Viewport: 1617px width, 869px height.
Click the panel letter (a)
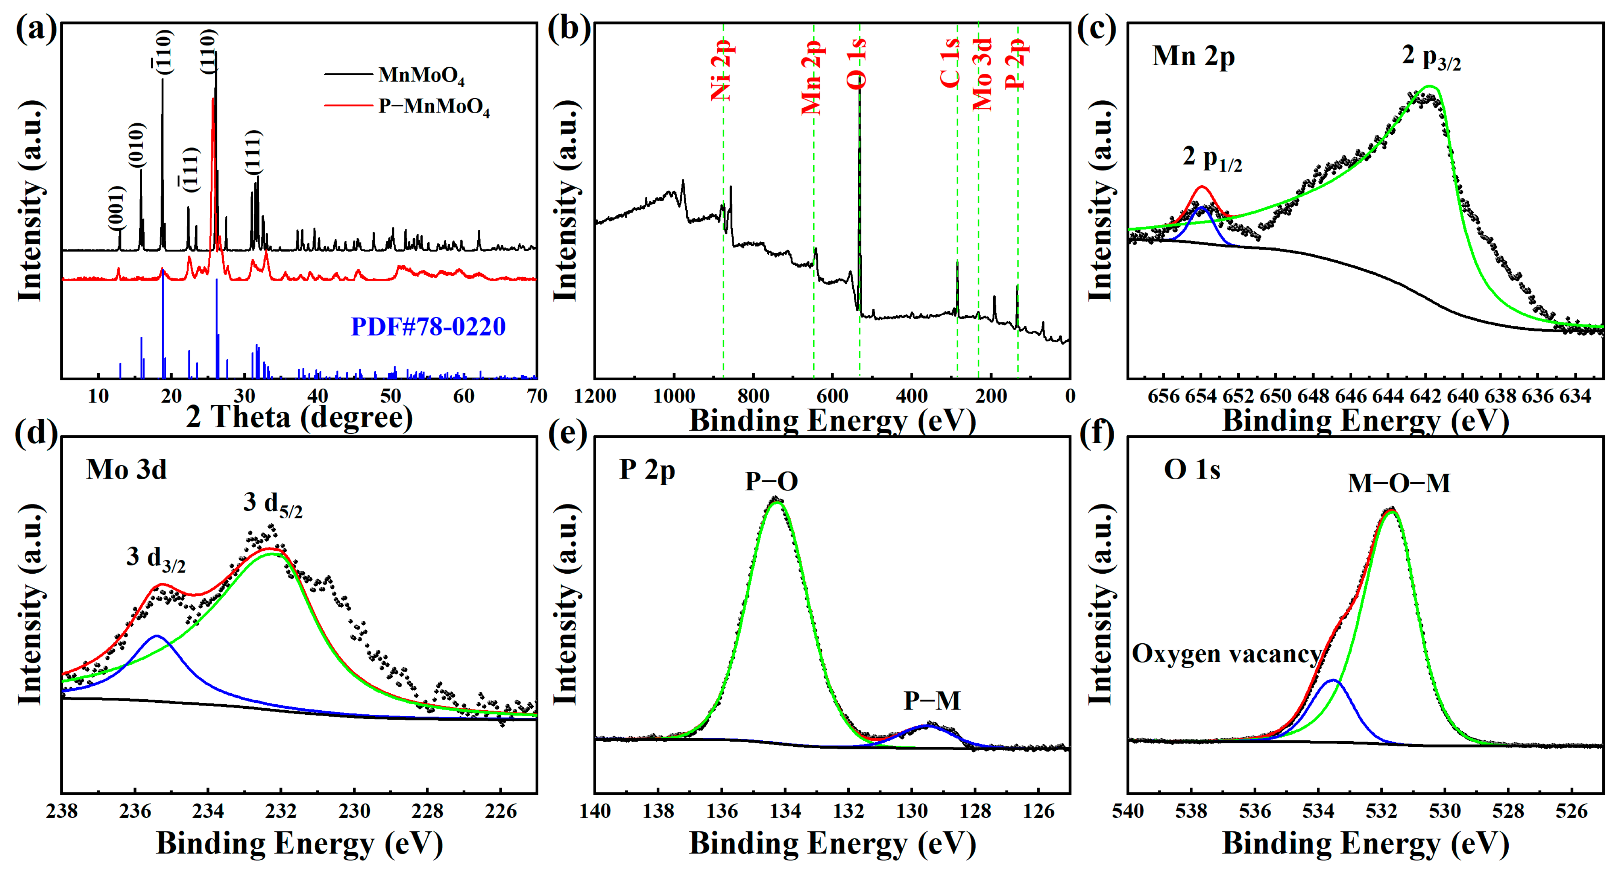pyautogui.click(x=36, y=29)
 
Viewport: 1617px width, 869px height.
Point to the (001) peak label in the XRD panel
pyautogui.click(x=116, y=208)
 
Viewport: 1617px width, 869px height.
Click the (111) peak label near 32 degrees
pyautogui.click(x=253, y=153)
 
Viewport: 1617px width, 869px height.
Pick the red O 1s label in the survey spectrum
pyautogui.click(x=857, y=63)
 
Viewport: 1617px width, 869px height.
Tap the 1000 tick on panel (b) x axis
pyautogui.click(x=674, y=396)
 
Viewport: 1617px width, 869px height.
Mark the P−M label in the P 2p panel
pyautogui.click(x=932, y=701)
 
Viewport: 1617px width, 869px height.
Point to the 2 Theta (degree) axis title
pyautogui.click(x=299, y=417)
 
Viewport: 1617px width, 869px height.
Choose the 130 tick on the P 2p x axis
pyautogui.click(x=912, y=811)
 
